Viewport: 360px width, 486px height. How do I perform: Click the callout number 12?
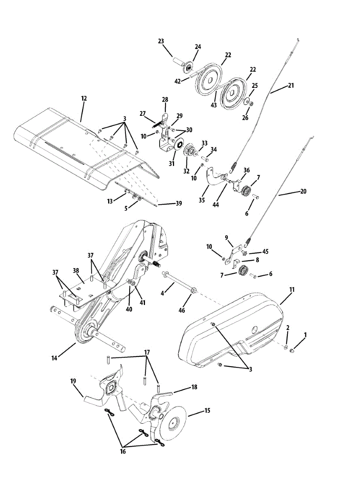(84, 98)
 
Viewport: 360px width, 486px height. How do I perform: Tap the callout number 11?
(292, 290)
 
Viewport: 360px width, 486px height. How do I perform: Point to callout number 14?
(54, 358)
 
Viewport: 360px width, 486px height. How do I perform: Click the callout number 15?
(207, 411)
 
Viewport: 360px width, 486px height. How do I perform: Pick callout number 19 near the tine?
(73, 381)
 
